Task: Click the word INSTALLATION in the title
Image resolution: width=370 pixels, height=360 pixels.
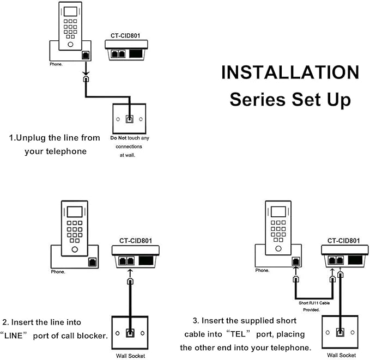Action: [290, 72]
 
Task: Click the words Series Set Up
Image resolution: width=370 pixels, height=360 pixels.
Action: [290, 100]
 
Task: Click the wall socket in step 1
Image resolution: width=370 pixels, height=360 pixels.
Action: [129, 118]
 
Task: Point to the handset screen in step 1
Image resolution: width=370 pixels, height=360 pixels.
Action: [70, 13]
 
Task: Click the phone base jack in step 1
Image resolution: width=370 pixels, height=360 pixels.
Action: [86, 56]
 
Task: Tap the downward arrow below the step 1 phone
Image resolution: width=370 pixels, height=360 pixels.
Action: [85, 69]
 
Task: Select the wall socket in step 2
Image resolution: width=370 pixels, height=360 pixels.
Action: [130, 332]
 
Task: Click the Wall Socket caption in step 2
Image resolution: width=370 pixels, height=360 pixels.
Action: [130, 356]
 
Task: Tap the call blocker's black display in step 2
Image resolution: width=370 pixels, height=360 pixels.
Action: [146, 260]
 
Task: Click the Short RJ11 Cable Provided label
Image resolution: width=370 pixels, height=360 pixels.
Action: [313, 306]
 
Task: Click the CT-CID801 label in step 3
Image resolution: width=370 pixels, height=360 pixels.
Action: [343, 240]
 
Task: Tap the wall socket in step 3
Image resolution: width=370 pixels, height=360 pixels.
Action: [339, 332]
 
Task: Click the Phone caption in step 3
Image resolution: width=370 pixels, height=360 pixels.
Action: [263, 270]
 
